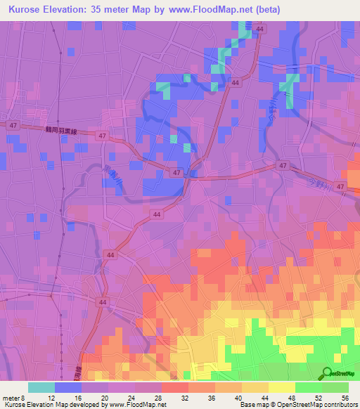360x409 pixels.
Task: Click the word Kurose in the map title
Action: [27, 9]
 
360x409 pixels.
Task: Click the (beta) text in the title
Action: [280, 9]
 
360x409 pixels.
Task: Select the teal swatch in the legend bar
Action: [41, 387]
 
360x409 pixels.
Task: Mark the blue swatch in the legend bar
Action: [68, 387]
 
